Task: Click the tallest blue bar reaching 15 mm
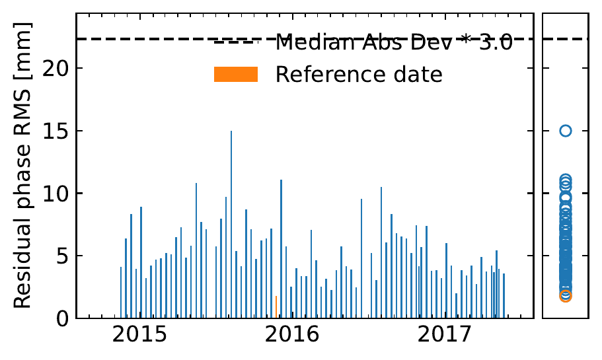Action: (x=231, y=225)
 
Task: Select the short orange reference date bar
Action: (x=276, y=307)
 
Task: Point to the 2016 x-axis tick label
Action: (x=289, y=334)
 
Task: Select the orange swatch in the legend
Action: (x=235, y=75)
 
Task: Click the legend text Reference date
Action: (x=358, y=75)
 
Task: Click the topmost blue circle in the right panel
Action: (x=566, y=131)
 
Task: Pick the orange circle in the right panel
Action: (x=566, y=296)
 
